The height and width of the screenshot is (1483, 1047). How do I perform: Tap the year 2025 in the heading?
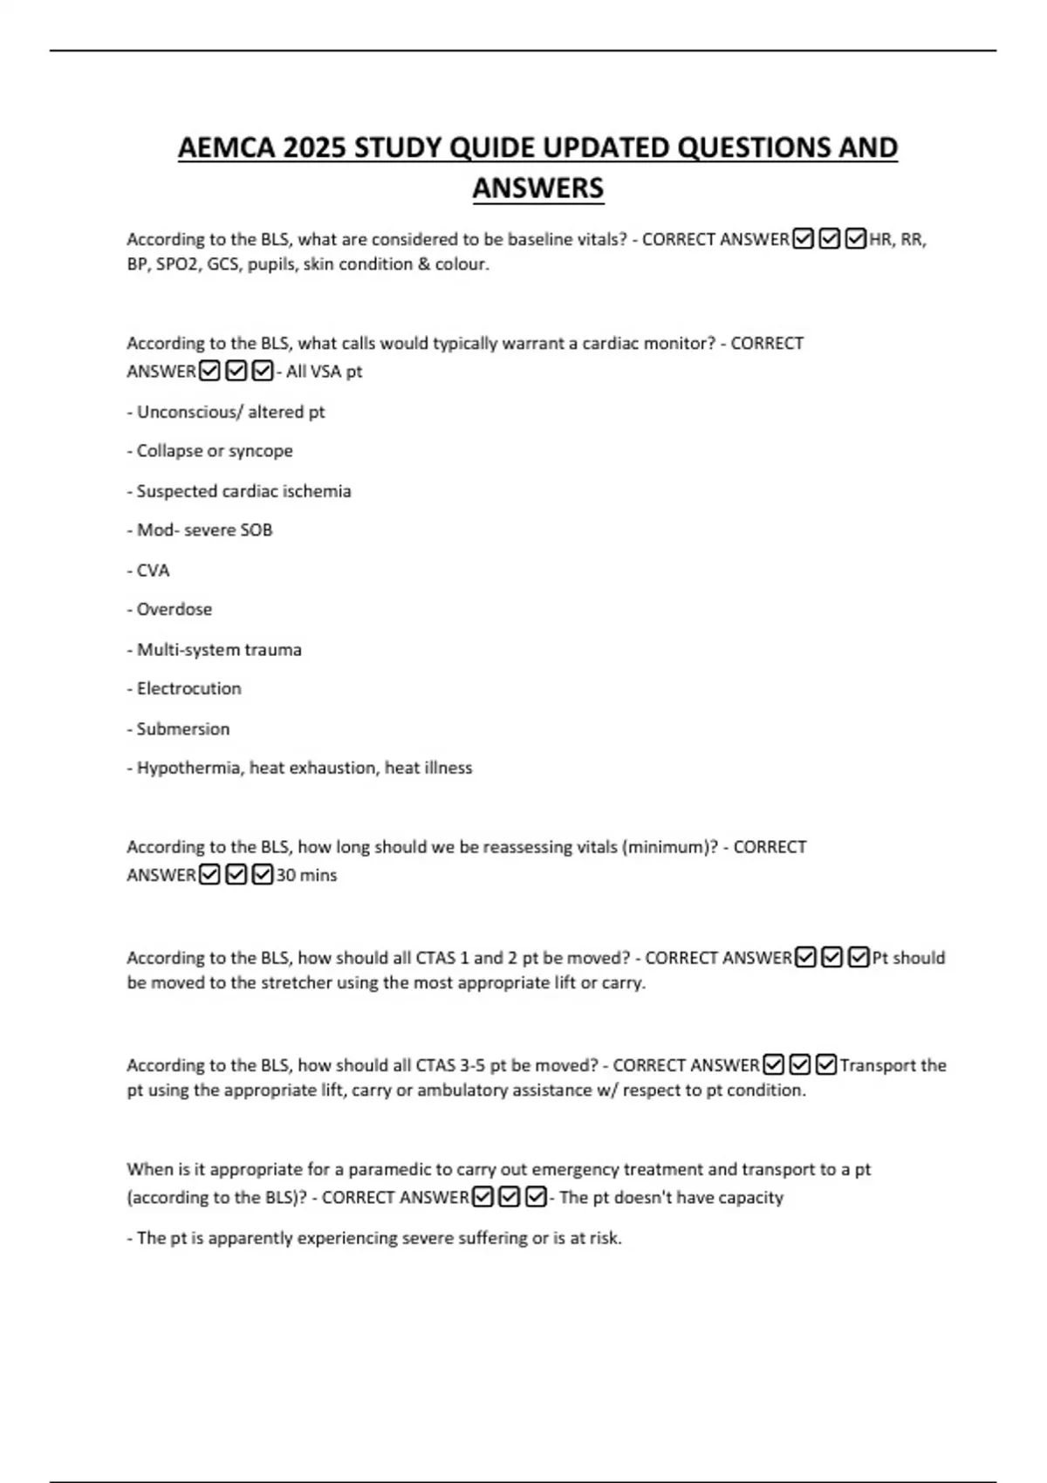tap(314, 148)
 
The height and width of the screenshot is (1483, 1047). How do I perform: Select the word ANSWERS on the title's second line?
tap(537, 188)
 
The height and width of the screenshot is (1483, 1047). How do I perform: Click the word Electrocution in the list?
tap(188, 689)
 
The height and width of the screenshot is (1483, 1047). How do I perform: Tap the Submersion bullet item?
tap(182, 729)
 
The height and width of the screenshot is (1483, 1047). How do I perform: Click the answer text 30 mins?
tap(306, 875)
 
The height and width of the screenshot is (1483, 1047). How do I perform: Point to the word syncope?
tap(261, 451)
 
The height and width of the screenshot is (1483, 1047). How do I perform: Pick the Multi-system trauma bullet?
tap(219, 650)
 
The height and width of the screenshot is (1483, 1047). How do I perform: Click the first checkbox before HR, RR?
tap(804, 238)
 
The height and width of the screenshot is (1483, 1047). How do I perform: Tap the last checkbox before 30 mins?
tap(263, 874)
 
